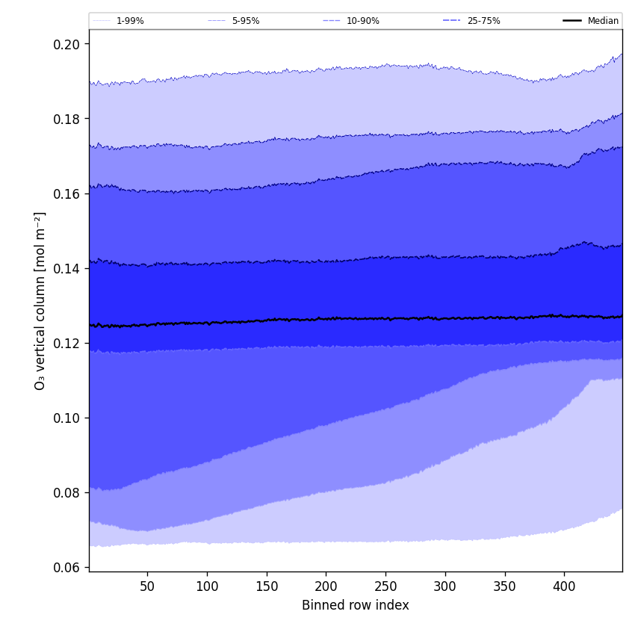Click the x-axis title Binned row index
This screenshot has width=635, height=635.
[x=355, y=605]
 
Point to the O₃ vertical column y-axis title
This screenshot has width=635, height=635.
[x=40, y=300]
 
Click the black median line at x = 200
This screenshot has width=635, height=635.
[x=326, y=318]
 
